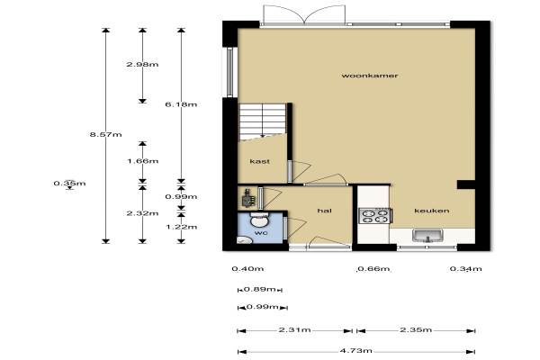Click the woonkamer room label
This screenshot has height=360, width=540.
point(370,76)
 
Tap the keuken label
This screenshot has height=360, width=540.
point(432,211)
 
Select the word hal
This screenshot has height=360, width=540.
point(324,211)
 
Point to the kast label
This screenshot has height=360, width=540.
point(260,161)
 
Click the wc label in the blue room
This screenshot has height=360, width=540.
point(261,233)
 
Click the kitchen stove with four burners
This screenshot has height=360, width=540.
point(374,216)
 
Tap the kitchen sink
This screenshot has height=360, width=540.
point(427,236)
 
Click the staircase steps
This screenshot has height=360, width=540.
point(263,121)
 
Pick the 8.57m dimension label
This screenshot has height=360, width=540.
point(105,134)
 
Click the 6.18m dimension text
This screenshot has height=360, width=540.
point(181,104)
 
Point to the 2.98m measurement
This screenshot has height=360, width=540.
point(142,64)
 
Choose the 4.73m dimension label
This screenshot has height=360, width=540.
point(356,351)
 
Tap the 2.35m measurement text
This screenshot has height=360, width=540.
point(416,330)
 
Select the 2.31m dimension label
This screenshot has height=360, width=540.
point(294,330)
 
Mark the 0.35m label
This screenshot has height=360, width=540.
point(69,184)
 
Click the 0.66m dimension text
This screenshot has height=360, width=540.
point(373,269)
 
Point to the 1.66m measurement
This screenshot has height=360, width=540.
point(142,161)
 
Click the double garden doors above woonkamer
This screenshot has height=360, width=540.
point(304,14)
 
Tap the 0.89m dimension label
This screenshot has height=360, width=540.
point(260,290)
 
